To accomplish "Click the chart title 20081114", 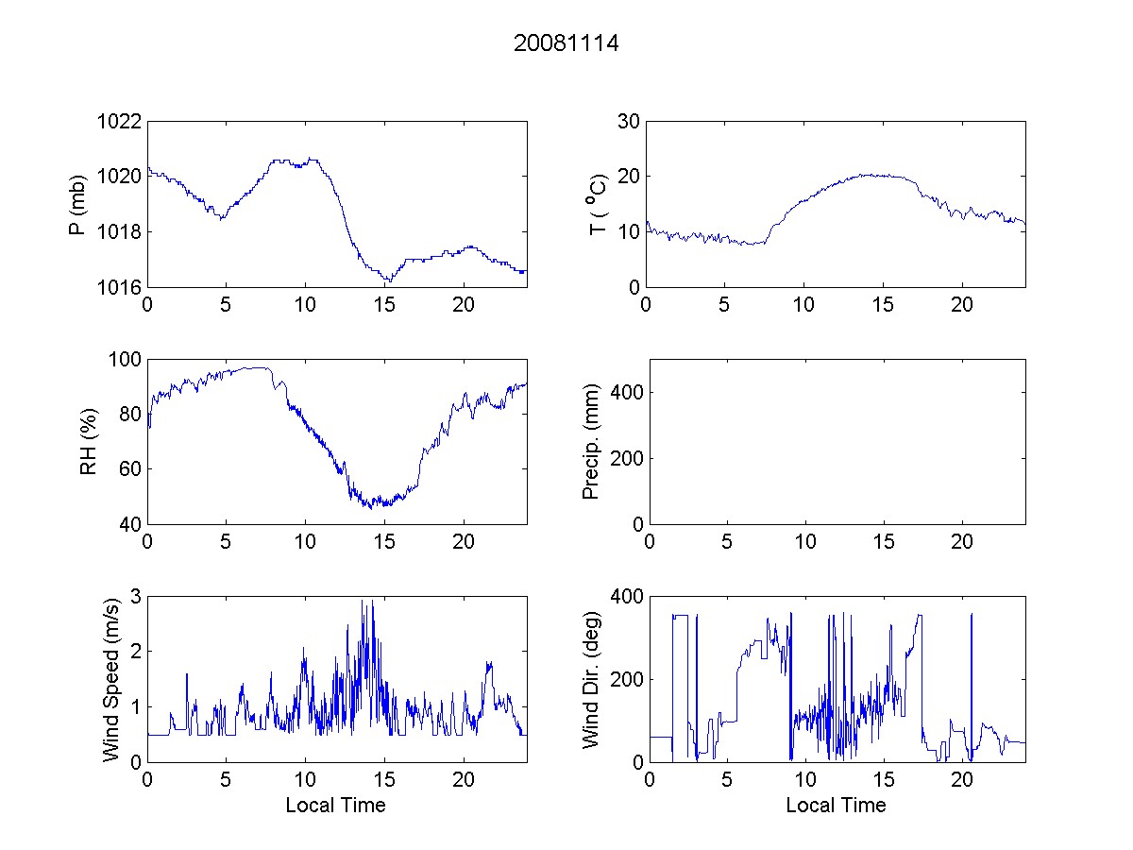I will pyautogui.click(x=566, y=43).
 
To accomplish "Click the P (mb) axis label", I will pyautogui.click(x=78, y=203).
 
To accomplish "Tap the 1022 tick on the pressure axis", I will pyautogui.click(x=119, y=122).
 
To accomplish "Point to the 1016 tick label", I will pyautogui.click(x=119, y=287).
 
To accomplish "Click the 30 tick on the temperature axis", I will pyautogui.click(x=627, y=122).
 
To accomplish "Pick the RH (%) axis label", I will pyautogui.click(x=90, y=441).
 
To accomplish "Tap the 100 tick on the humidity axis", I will pyautogui.click(x=125, y=360).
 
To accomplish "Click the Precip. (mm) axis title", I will pyautogui.click(x=592, y=441).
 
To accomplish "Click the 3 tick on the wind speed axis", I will pyautogui.click(x=136, y=597).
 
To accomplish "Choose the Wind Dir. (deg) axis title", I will pyautogui.click(x=592, y=678).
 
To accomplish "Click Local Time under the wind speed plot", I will pyautogui.click(x=335, y=805).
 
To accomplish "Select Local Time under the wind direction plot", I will pyautogui.click(x=836, y=805).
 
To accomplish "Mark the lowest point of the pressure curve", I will pyautogui.click(x=387, y=282).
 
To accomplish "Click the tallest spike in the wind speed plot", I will pyautogui.click(x=363, y=601).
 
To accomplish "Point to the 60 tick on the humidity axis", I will pyautogui.click(x=130, y=469).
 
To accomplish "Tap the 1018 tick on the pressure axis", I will pyautogui.click(x=119, y=232).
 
